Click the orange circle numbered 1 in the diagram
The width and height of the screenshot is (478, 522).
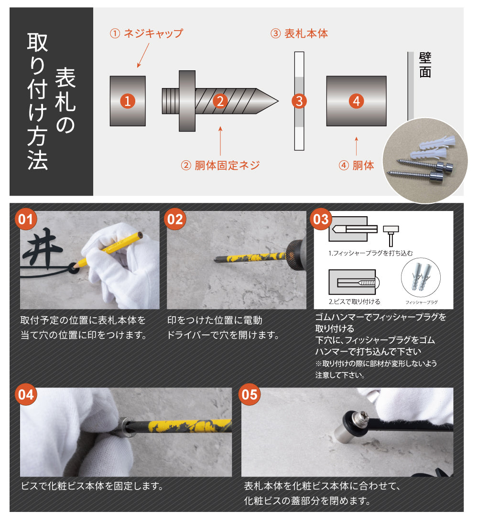127,101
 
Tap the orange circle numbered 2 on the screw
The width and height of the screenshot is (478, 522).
220,101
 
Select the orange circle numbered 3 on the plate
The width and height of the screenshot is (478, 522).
299,101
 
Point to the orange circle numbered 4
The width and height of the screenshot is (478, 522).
357,101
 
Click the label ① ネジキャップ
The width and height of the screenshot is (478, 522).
146,33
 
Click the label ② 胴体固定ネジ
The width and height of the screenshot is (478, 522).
220,166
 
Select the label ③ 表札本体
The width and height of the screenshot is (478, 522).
299,33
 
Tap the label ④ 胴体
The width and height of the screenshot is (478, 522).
357,166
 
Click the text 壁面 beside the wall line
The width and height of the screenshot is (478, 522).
425,65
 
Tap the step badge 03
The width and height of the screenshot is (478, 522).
321,219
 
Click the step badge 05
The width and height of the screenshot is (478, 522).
250,395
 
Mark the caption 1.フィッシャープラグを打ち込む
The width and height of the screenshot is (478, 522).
370,253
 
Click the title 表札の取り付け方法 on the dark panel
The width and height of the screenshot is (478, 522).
51,101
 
